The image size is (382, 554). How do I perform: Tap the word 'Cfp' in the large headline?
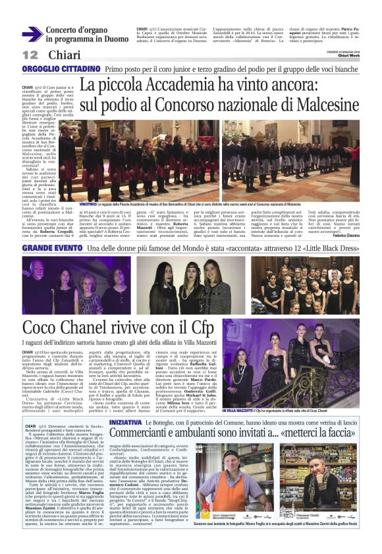tap(202, 330)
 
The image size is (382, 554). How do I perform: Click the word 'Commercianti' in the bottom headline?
tap(153, 415)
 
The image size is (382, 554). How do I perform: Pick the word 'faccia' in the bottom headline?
tap(341, 415)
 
